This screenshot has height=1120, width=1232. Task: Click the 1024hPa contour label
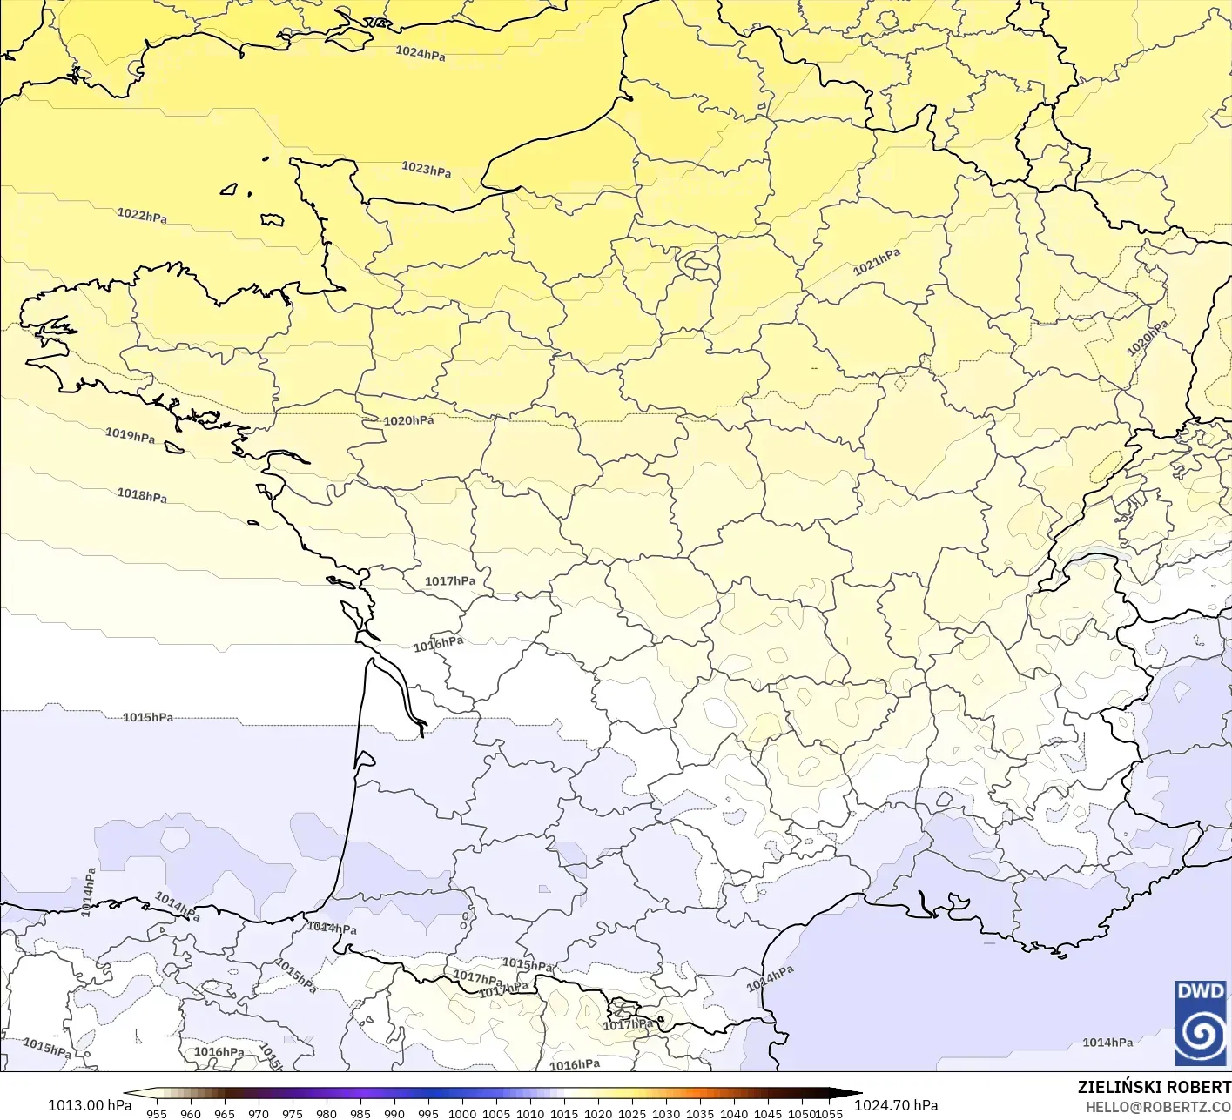(x=421, y=53)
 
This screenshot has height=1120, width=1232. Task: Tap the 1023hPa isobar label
(x=427, y=169)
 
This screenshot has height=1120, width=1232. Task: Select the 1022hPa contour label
(x=142, y=215)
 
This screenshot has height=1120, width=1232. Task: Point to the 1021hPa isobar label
(x=877, y=261)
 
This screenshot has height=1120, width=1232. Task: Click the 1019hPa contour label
(x=131, y=435)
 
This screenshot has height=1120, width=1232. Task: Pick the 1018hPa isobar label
(x=142, y=495)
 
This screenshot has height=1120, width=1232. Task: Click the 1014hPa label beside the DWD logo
(x=1107, y=1043)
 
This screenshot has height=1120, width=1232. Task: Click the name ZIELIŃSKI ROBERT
(x=1155, y=1088)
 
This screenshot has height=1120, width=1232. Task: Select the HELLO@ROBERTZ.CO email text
(x=1158, y=1106)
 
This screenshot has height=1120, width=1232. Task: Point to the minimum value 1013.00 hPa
(x=90, y=1105)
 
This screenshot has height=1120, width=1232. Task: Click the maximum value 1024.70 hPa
(x=896, y=1105)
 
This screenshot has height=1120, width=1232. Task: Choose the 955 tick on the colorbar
(x=157, y=1113)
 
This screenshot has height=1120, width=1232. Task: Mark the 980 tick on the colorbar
(x=327, y=1113)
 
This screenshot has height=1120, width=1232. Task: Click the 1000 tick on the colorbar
(x=462, y=1113)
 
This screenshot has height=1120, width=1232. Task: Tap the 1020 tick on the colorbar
(x=598, y=1113)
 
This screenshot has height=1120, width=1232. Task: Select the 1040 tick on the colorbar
(x=734, y=1113)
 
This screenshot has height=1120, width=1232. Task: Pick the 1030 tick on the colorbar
(x=666, y=1113)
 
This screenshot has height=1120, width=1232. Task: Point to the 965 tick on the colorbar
(x=225, y=1113)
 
